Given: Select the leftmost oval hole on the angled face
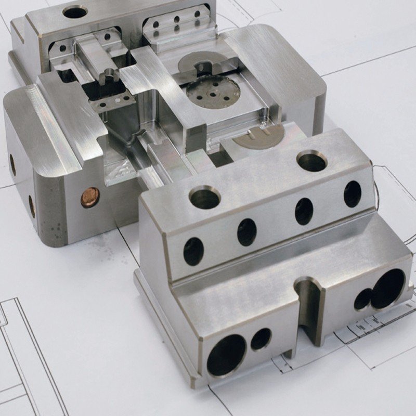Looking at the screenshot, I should pyautogui.click(x=193, y=251).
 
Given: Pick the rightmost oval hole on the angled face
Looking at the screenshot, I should pyautogui.click(x=352, y=193).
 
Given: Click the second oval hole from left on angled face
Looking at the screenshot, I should pyautogui.click(x=247, y=232).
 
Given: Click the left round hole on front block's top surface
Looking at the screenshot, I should pyautogui.click(x=205, y=198).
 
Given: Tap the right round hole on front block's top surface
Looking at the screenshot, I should pyautogui.click(x=311, y=162).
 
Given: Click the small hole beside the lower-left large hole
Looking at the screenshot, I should pyautogui.click(x=261, y=339).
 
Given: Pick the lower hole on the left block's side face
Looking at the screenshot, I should pyautogui.click(x=32, y=206).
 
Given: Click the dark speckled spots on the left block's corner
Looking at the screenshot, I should pyautogui.click(x=56, y=229).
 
